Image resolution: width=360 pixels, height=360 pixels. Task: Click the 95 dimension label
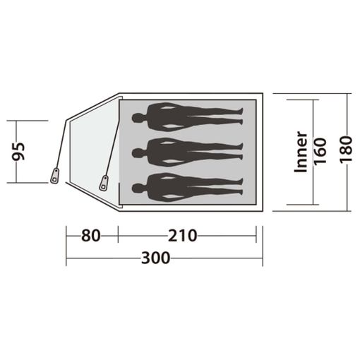tap(18, 151)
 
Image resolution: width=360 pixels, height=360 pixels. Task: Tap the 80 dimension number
tap(91, 236)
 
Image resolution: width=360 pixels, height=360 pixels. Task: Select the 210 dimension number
tap(183, 236)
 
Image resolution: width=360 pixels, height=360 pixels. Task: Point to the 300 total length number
tap(155, 258)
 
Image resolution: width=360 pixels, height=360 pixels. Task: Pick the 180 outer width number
tap(346, 149)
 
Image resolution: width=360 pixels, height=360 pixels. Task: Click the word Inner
tap(301, 152)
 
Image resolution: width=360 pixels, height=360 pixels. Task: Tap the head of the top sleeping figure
tap(138, 118)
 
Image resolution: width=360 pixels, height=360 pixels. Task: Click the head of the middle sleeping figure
tap(138, 153)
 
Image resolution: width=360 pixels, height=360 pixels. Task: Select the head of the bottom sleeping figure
tap(138, 188)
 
